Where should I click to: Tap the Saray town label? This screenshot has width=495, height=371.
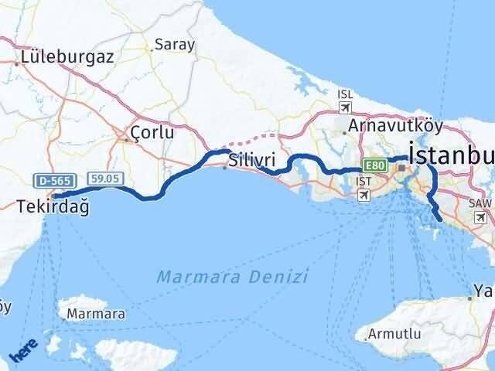175,45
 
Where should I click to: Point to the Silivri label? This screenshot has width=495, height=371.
252,161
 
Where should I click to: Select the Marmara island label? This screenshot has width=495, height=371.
96,314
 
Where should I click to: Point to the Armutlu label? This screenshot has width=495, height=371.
395,334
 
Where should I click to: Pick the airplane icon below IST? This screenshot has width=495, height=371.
364,196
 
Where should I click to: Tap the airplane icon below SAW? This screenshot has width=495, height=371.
480,218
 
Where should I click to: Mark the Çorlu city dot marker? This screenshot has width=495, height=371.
126,140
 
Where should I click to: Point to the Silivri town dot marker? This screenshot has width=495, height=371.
224,167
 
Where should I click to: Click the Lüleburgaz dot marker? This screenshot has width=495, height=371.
17,63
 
